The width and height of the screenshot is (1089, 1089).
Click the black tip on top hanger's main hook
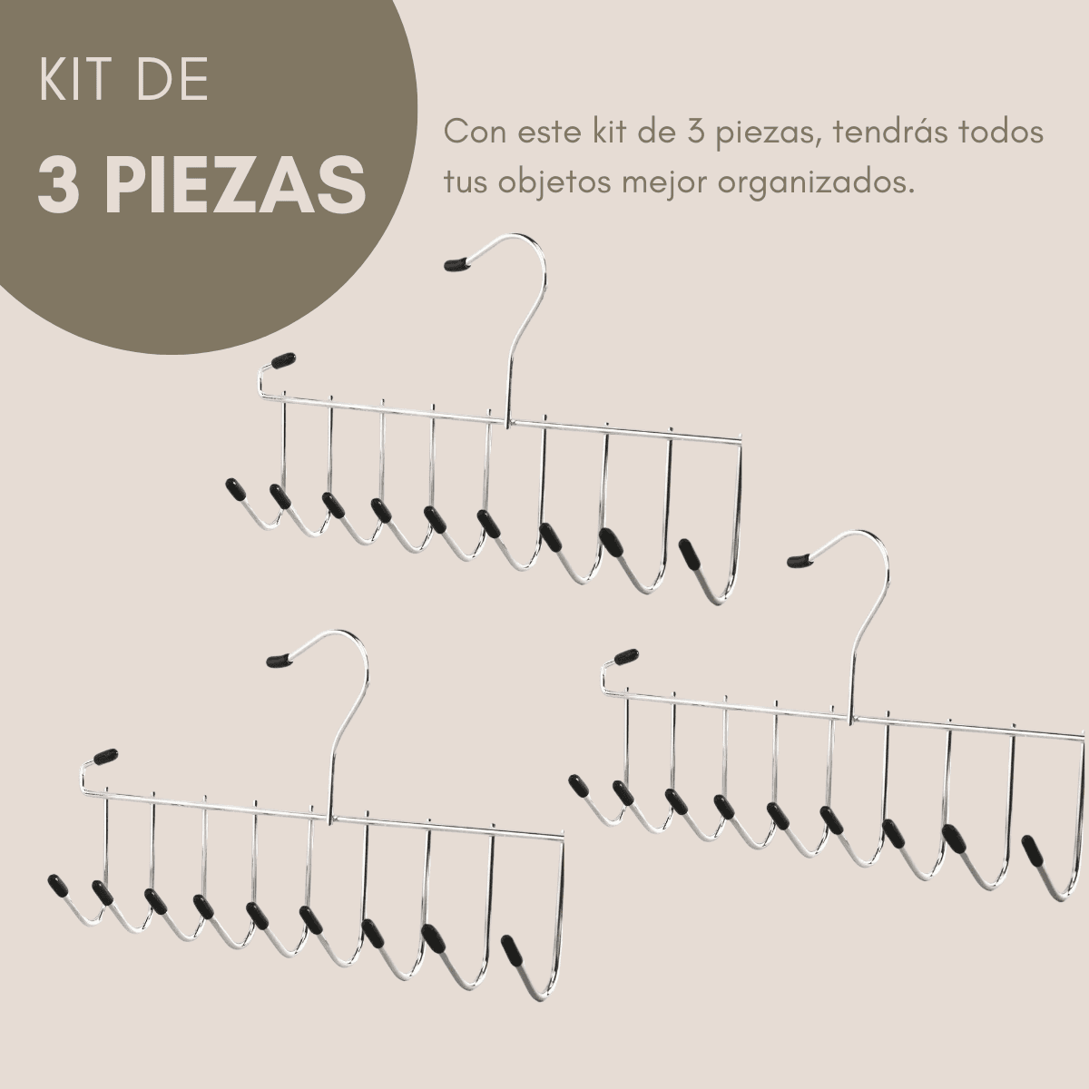click(456, 263)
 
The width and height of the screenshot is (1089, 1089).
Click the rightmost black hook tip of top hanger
click(692, 554)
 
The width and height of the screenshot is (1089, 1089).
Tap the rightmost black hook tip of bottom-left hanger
click(514, 950)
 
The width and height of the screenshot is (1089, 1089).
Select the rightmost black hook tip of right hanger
click(1033, 850)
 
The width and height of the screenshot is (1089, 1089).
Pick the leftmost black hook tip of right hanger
click(578, 784)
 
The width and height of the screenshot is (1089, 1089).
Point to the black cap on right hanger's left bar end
click(625, 655)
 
